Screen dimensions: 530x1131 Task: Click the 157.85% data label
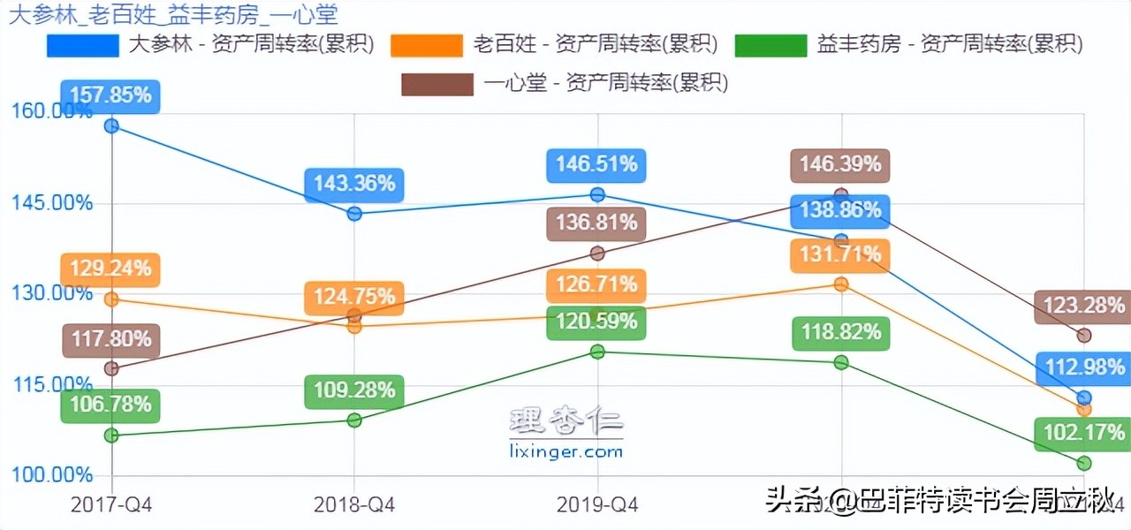111,95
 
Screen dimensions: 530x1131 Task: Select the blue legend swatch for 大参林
83,45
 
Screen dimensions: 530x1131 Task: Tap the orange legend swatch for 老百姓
427,45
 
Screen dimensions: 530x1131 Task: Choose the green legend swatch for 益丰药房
771,45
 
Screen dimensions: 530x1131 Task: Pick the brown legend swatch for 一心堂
437,84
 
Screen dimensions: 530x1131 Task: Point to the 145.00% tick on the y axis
51,203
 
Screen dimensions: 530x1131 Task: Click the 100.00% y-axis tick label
51,475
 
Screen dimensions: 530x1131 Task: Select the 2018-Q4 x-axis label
354,504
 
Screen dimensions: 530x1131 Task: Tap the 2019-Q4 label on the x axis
597,504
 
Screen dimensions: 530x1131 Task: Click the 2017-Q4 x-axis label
111,504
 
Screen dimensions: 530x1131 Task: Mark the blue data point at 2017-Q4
111,125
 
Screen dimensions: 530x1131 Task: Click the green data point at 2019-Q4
597,352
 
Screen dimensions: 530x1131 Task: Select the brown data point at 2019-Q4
597,254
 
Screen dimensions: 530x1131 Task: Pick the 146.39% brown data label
840,165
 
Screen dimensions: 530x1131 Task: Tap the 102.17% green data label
1082,435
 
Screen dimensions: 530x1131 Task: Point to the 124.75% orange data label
354,298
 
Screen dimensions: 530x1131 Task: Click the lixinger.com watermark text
566,452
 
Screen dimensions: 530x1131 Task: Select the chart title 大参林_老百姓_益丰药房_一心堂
173,14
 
